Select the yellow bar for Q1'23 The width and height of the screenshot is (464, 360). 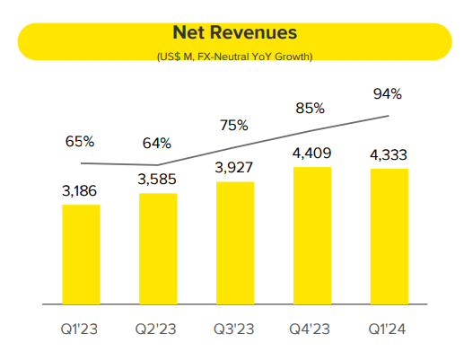click(81, 255)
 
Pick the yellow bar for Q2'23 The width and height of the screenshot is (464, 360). click(158, 249)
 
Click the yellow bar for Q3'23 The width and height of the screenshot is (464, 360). click(235, 243)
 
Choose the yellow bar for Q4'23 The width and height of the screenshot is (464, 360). click(312, 235)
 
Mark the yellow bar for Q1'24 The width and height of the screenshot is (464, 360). click(390, 237)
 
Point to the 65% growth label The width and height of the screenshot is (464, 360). click(81, 141)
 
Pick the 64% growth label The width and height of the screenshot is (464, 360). click(158, 143)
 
